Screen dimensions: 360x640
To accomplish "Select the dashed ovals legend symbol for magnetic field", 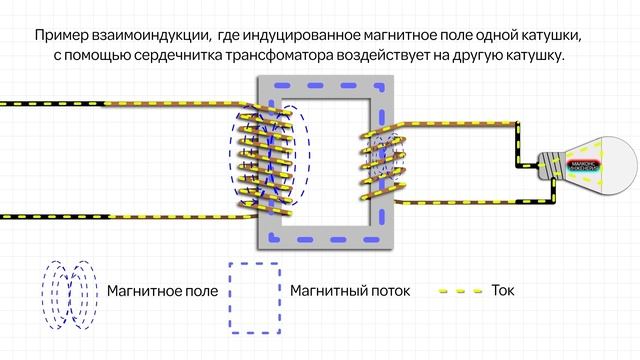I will point(70,295).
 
